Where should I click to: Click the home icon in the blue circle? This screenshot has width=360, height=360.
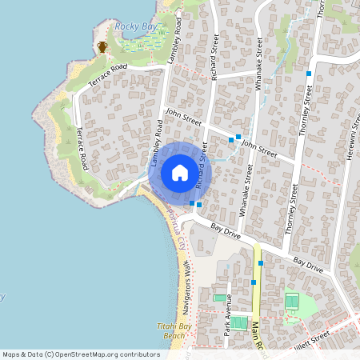(180, 172)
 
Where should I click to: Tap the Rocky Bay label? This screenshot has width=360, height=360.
(135, 26)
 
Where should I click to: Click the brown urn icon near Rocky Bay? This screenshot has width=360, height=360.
(102, 46)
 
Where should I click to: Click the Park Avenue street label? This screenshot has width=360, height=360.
(227, 314)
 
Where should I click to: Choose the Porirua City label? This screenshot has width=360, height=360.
(177, 232)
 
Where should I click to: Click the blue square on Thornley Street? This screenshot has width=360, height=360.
(309, 74)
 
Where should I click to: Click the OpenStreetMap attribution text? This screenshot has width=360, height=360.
(81, 354)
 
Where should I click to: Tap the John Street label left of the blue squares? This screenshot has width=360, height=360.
(182, 118)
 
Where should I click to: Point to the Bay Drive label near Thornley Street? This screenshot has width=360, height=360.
(308, 265)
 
